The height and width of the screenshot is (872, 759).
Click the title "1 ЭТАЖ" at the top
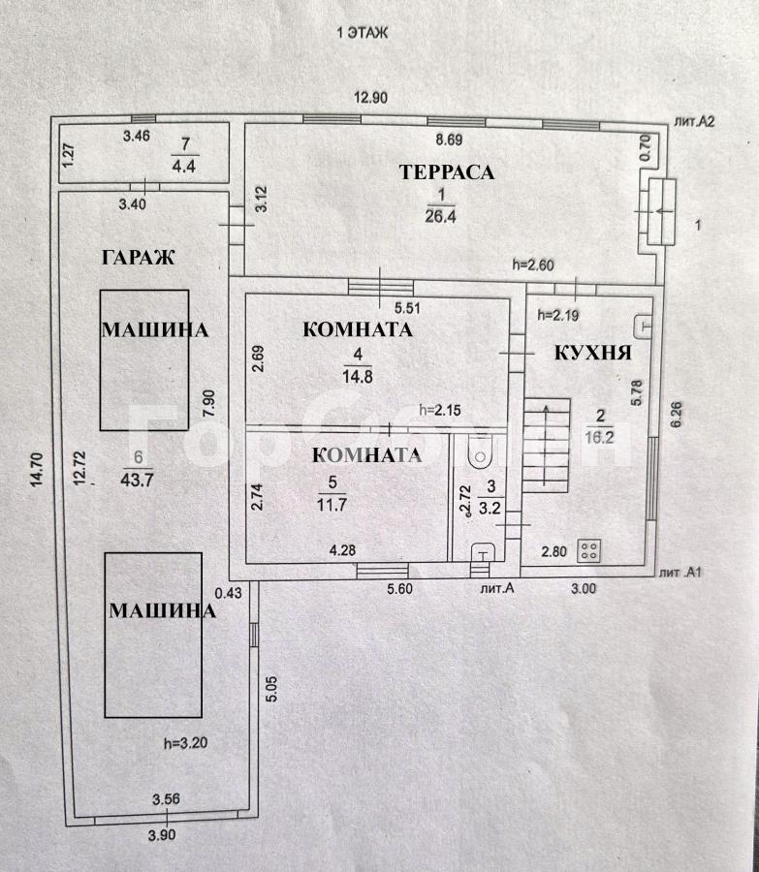click(363, 33)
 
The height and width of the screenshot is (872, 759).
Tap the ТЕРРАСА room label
click(447, 171)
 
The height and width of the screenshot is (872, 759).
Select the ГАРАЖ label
click(139, 257)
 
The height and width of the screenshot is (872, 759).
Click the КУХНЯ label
click(593, 353)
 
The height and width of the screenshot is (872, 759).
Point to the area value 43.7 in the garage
click(137, 480)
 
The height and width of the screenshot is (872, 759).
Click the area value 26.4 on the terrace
click(440, 216)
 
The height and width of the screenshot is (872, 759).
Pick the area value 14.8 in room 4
click(358, 377)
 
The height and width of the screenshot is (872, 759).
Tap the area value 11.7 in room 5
click(332, 505)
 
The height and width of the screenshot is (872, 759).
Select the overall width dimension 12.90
click(371, 98)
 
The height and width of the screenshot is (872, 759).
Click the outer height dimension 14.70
click(37, 471)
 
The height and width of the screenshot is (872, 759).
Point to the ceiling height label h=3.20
click(186, 743)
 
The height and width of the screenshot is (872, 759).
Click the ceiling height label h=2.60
click(533, 265)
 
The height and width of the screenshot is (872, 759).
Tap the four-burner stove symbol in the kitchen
click(588, 551)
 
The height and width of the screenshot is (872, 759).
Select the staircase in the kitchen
click(547, 446)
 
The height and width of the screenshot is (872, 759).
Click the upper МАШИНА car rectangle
click(144, 359)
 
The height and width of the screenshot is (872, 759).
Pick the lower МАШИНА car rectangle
click(153, 635)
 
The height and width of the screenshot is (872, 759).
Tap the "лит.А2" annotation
click(694, 121)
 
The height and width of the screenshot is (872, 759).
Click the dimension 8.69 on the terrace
click(449, 140)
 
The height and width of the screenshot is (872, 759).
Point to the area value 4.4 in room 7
click(183, 166)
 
